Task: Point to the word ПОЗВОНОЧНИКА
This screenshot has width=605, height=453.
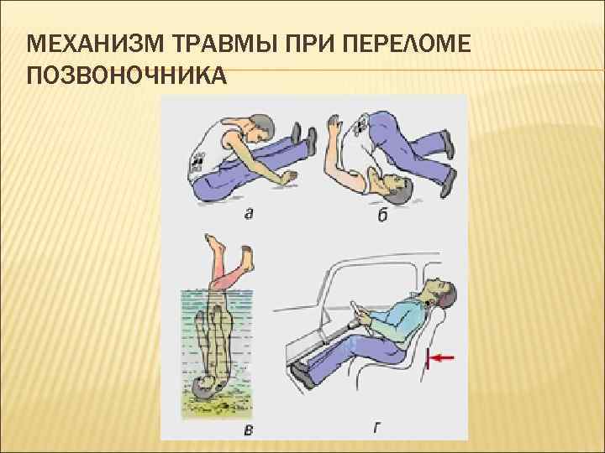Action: (127, 75)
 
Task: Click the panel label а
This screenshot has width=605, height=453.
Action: (249, 213)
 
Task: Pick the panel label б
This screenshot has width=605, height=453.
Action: (382, 215)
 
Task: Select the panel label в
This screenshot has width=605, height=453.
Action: (249, 430)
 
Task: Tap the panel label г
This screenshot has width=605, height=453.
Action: (376, 428)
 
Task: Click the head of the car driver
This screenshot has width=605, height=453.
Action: (441, 293)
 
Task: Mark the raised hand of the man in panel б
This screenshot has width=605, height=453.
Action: (334, 124)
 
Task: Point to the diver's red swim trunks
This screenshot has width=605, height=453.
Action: (228, 279)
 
